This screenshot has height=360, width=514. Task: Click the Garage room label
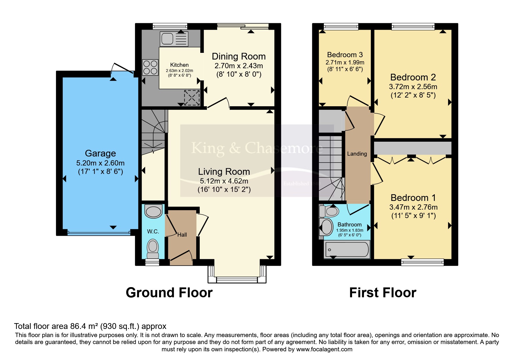click(100, 153)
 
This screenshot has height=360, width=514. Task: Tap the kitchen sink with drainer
click(174, 39)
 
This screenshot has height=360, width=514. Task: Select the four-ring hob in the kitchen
click(150, 67)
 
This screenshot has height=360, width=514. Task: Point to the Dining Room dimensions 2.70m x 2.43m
click(239, 66)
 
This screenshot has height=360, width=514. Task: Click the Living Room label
click(224, 172)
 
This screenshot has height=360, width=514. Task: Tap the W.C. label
click(153, 231)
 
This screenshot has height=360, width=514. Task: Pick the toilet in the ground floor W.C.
click(153, 249)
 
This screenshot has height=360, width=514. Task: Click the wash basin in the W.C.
click(154, 211)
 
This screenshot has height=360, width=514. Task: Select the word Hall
click(182, 235)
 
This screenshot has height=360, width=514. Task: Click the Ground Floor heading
click(169, 293)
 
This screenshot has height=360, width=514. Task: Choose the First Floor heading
click(383, 293)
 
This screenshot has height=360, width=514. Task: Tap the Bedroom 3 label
click(345, 55)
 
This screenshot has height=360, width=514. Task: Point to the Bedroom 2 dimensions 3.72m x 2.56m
click(413, 87)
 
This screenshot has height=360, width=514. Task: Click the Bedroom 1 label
click(413, 198)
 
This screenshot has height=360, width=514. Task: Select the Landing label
click(357, 154)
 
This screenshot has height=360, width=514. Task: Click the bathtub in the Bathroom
click(347, 249)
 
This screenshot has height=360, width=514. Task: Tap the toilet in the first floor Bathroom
click(329, 211)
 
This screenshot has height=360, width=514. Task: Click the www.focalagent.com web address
click(324, 349)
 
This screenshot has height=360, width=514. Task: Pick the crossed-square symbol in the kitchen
click(192, 98)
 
